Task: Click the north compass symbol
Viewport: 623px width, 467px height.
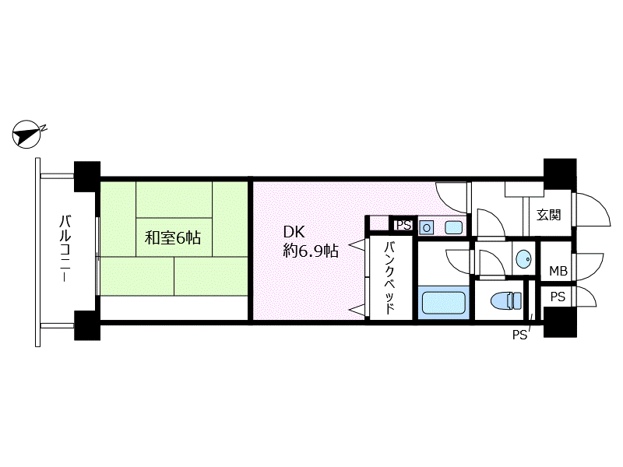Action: (26, 134)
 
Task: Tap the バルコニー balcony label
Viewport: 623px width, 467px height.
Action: (65, 248)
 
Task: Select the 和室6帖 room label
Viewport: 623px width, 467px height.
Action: (172, 238)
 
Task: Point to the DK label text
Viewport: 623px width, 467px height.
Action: (294, 231)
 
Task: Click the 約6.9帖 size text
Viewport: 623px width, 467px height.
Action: (311, 251)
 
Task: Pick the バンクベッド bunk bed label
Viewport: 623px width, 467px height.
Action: (389, 279)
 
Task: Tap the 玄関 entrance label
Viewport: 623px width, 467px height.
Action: (549, 215)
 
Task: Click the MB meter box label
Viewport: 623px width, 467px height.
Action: (558, 271)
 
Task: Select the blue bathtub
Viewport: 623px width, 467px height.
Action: (443, 303)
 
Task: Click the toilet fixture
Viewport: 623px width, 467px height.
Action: (505, 300)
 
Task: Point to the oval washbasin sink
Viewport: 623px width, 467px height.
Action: (523, 259)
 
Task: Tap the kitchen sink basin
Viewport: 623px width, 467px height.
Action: (453, 227)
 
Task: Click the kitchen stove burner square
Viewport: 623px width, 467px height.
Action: (426, 227)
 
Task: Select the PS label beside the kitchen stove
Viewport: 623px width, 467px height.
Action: (403, 225)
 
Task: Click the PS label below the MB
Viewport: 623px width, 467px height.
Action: (558, 297)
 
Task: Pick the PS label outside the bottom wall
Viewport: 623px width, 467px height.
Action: (519, 335)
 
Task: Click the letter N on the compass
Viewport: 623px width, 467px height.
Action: (44, 128)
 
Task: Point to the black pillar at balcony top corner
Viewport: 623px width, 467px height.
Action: (87, 177)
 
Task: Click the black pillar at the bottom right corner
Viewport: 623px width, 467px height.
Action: (560, 322)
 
